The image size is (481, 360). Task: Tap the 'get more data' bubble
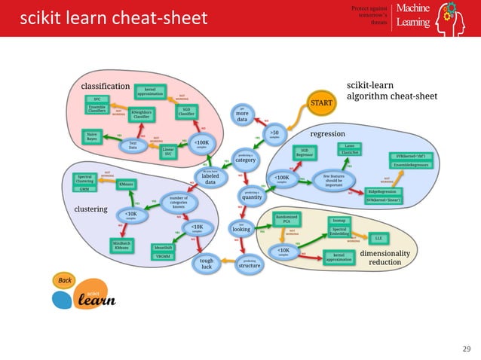(x=243, y=114)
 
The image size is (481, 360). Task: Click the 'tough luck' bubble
(x=207, y=263)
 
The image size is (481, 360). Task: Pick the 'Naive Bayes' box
(x=91, y=136)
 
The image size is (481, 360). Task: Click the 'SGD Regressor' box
(x=304, y=153)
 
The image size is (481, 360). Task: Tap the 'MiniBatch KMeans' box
(x=121, y=246)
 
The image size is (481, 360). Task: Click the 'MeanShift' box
(x=162, y=247)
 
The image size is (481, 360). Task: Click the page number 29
(x=465, y=348)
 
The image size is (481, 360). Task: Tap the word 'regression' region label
(x=332, y=133)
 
